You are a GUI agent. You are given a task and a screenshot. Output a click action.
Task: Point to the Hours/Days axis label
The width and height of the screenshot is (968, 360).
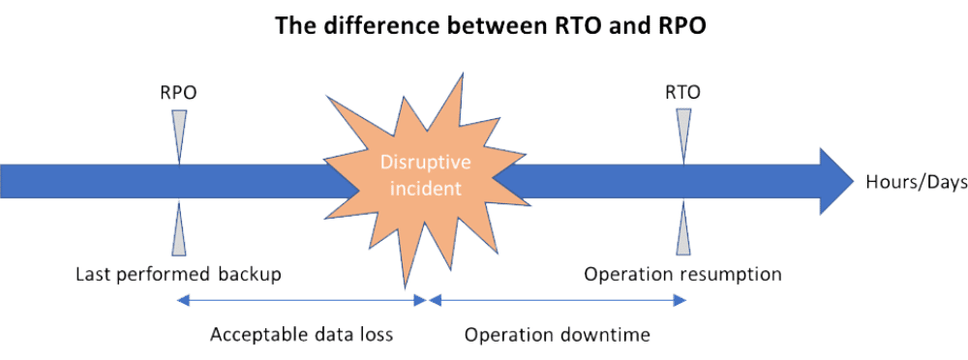tap(905, 181)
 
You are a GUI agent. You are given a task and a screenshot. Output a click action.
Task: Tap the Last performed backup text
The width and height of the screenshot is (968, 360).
tap(179, 275)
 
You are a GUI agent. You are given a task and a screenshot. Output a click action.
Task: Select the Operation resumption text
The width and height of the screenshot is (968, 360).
tap(683, 275)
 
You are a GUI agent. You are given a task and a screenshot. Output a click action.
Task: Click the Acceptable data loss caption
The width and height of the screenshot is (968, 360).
tap(302, 335)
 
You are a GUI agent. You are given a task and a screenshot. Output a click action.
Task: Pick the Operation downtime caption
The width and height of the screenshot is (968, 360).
tap(558, 335)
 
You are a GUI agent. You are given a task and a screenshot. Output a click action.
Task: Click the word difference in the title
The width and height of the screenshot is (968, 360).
tap(367, 26)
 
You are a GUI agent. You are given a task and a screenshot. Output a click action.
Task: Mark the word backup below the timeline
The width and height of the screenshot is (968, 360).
tap(250, 275)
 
